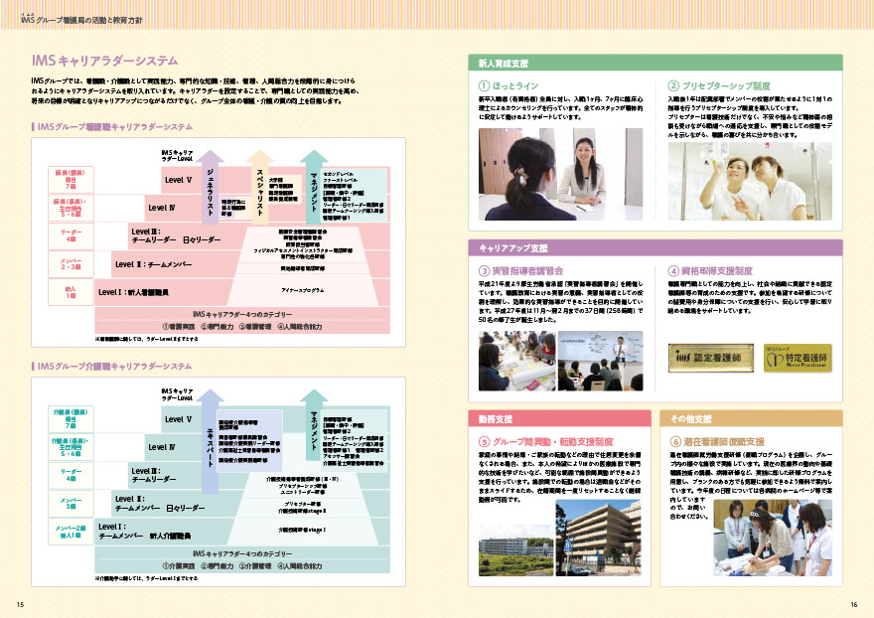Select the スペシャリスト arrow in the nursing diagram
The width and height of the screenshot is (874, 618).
click(258, 184)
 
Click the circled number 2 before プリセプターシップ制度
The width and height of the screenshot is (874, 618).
click(673, 86)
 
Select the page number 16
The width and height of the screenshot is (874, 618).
click(852, 604)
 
